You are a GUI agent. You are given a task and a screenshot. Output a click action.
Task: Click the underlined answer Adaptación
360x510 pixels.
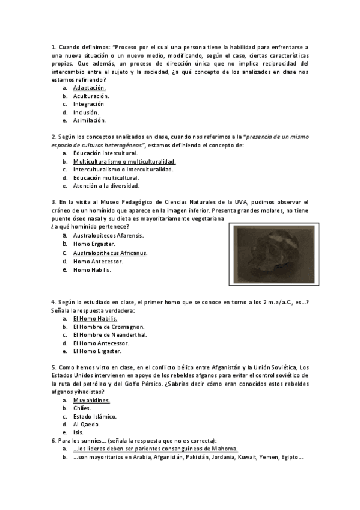click(x=89, y=88)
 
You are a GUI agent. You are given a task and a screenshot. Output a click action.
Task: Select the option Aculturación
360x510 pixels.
click(x=91, y=96)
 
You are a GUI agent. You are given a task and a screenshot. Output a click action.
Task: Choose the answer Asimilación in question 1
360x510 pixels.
click(x=90, y=120)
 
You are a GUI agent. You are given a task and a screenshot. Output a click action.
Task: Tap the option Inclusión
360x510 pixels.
click(x=86, y=112)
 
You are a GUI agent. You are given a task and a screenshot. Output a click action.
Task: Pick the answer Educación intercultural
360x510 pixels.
click(x=105, y=153)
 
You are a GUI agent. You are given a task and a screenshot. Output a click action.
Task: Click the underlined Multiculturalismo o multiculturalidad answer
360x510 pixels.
click(x=124, y=162)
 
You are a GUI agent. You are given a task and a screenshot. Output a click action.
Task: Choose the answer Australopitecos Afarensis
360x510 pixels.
click(x=108, y=236)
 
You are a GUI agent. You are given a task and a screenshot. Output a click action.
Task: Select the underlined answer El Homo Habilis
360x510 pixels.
click(x=95, y=318)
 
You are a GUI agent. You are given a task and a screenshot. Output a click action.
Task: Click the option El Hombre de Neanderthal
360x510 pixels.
click(x=110, y=334)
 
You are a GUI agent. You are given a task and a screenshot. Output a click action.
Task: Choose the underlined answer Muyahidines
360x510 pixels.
click(x=91, y=400)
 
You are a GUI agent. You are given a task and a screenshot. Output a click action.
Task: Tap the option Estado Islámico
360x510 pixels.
click(x=95, y=416)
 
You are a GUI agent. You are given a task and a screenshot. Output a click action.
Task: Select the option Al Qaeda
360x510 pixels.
click(x=87, y=424)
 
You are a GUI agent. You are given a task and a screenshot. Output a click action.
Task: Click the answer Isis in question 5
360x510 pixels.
click(x=78, y=432)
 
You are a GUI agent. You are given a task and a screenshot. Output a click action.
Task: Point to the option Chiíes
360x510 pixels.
click(x=82, y=408)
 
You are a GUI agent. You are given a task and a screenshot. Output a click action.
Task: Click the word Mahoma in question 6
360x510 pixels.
click(x=223, y=449)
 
